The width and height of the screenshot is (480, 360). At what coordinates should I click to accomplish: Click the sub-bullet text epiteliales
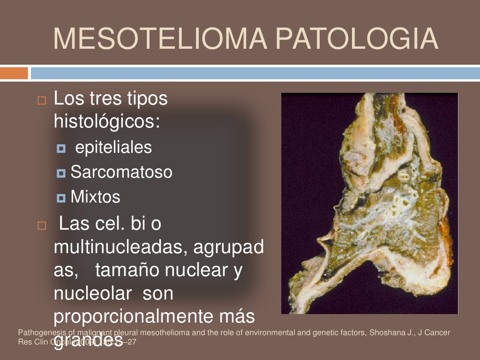tap(113, 148)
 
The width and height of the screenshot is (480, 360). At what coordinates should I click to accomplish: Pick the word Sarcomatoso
tap(121, 172)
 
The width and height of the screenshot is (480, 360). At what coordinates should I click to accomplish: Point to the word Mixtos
tap(95, 197)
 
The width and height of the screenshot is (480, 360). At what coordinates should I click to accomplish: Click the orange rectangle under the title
tap(14, 73)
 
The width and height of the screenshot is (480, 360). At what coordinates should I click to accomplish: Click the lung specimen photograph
tap(369, 203)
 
